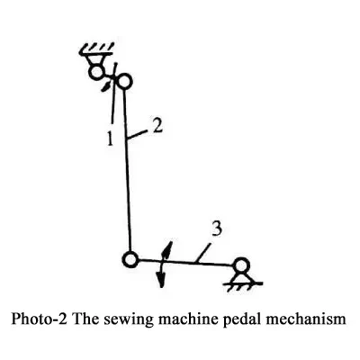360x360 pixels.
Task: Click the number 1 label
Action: pyautogui.click(x=111, y=138)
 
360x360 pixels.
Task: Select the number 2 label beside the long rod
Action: pyautogui.click(x=157, y=126)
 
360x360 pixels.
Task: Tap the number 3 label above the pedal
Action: pyautogui.click(x=217, y=229)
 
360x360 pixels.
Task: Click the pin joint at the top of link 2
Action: pyautogui.click(x=124, y=80)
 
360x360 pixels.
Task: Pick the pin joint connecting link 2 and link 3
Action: pyautogui.click(x=130, y=259)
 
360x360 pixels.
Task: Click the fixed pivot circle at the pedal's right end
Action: pyautogui.click(x=241, y=265)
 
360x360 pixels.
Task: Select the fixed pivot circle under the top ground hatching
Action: pyautogui.click(x=96, y=72)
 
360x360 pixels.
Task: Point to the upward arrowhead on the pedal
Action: pyautogui.click(x=167, y=247)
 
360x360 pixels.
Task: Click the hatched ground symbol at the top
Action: pyautogui.click(x=96, y=50)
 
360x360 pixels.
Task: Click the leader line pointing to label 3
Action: pyautogui.click(x=202, y=253)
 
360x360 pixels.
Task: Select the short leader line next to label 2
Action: pyautogui.click(x=138, y=134)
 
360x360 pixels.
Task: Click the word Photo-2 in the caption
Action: pyautogui.click(x=39, y=319)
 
